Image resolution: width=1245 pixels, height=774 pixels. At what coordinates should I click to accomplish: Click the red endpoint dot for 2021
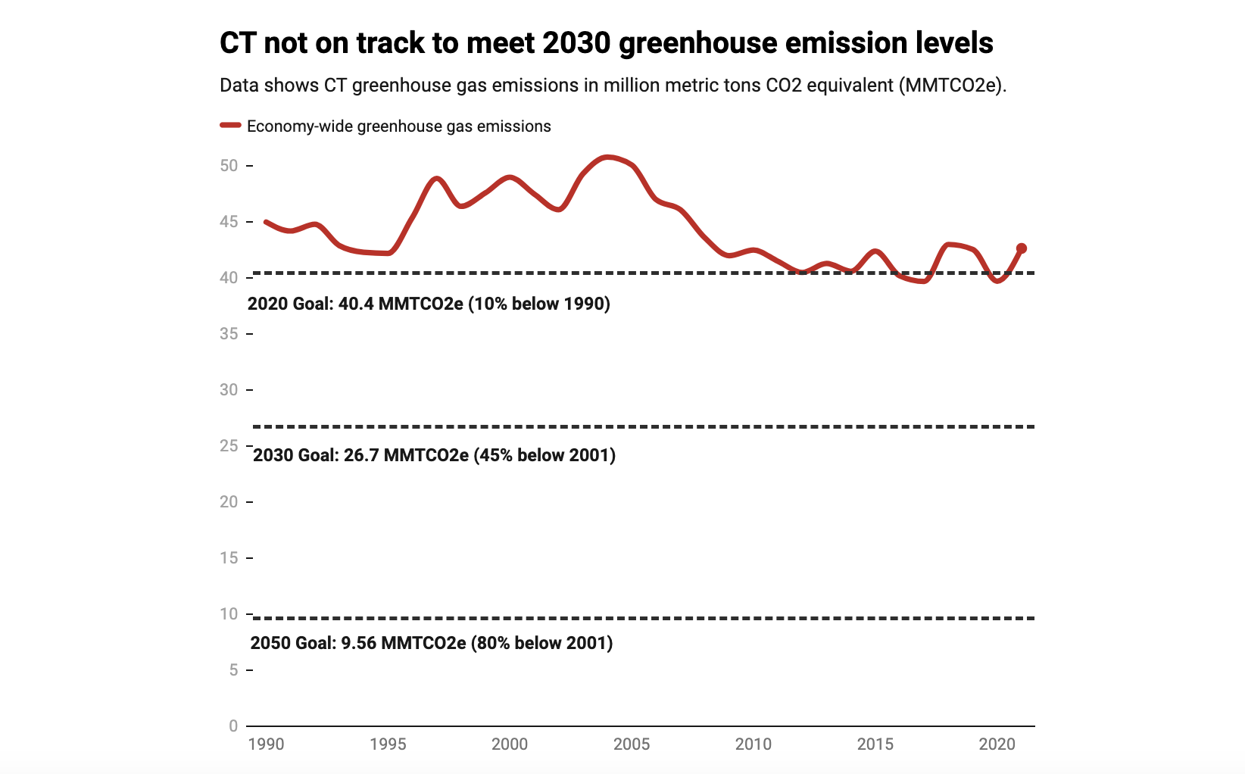[1021, 248]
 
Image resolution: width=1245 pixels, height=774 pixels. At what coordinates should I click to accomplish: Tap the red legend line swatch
[230, 126]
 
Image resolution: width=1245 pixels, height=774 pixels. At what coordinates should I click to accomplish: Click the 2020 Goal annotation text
[429, 304]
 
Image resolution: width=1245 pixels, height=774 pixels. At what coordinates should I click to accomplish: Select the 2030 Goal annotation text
[434, 455]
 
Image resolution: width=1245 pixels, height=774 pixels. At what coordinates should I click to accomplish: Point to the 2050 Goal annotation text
[432, 643]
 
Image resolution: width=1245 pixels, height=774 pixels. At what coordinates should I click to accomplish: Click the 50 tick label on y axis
[229, 166]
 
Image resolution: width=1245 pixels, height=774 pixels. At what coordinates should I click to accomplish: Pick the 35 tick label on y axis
[229, 334]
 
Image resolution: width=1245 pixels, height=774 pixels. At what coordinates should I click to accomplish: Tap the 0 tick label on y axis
[233, 726]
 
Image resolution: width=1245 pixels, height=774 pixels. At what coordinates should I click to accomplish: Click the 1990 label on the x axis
[266, 744]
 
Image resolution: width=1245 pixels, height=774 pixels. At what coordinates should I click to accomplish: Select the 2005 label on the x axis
[632, 744]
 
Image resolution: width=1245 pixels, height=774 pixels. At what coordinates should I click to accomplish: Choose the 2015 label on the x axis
[875, 744]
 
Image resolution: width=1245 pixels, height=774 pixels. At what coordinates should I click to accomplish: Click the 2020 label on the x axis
[997, 744]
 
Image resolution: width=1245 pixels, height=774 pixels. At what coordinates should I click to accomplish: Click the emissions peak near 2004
[608, 157]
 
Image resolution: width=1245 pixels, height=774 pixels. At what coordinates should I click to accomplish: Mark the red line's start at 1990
[266, 222]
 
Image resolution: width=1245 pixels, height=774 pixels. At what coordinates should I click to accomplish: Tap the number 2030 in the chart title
[576, 43]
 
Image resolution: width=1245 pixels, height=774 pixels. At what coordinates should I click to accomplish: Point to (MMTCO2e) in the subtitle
[953, 85]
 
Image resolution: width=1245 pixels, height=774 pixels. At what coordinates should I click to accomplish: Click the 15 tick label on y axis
[229, 558]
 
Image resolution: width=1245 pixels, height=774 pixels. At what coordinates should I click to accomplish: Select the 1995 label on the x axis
[388, 744]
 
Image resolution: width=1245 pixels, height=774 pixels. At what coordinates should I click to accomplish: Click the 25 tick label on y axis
[229, 446]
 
